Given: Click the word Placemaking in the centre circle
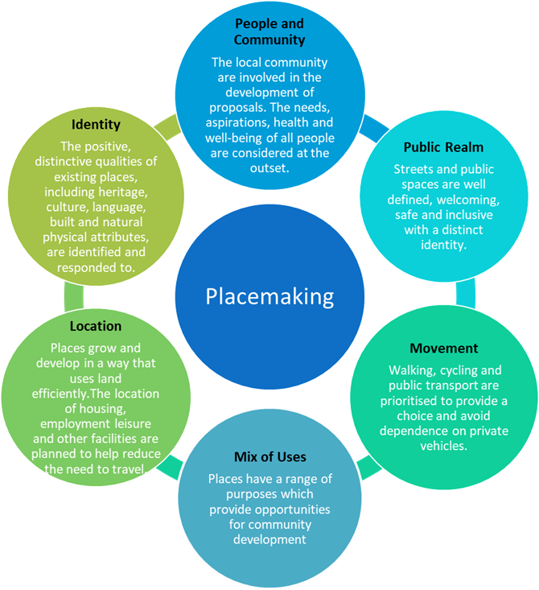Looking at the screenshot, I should pos(269,296).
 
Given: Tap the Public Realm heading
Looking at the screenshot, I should pos(431,148).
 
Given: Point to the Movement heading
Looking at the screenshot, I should pos(444,349).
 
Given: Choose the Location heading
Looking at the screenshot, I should pos(96,326).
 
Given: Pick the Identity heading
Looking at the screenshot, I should pos(96,125).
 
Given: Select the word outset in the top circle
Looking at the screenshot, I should pos(269,167).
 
